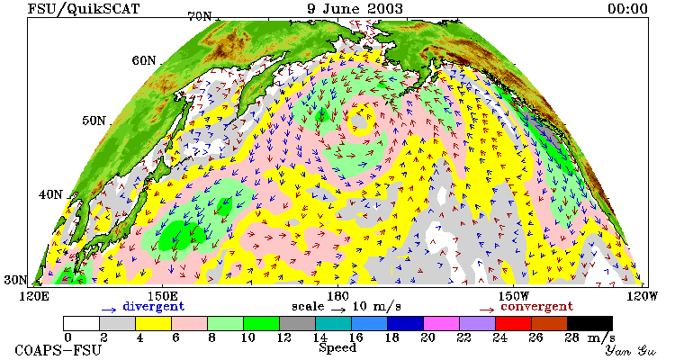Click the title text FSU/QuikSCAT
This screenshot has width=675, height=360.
pyautogui.click(x=84, y=9)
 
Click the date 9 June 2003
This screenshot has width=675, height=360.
pyautogui.click(x=355, y=9)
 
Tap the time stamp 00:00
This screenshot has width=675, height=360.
pyautogui.click(x=627, y=9)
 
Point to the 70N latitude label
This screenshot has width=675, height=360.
pyautogui.click(x=200, y=16)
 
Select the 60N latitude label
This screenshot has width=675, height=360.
pyautogui.click(x=144, y=60)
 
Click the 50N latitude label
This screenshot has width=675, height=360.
pyautogui.click(x=94, y=121)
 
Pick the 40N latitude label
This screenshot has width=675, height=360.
pyautogui.click(x=50, y=194)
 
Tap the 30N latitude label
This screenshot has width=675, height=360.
pyautogui.click(x=15, y=280)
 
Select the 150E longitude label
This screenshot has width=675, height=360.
pyautogui.click(x=162, y=297)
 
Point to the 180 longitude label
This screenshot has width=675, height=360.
pyautogui.click(x=337, y=297)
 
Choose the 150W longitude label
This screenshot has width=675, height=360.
pyautogui.click(x=514, y=297)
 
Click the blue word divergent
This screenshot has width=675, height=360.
pyautogui.click(x=153, y=307)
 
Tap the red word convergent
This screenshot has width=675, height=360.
pyautogui.click(x=536, y=307)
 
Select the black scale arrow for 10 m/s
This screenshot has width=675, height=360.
pyautogui.click(x=338, y=310)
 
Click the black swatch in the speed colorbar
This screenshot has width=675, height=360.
pyautogui.click(x=589, y=323)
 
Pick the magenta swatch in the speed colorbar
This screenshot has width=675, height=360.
pyautogui.click(x=441, y=323)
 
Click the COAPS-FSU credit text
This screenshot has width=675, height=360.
pyautogui.click(x=58, y=350)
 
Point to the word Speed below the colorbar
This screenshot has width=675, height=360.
pyautogui.click(x=337, y=348)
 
